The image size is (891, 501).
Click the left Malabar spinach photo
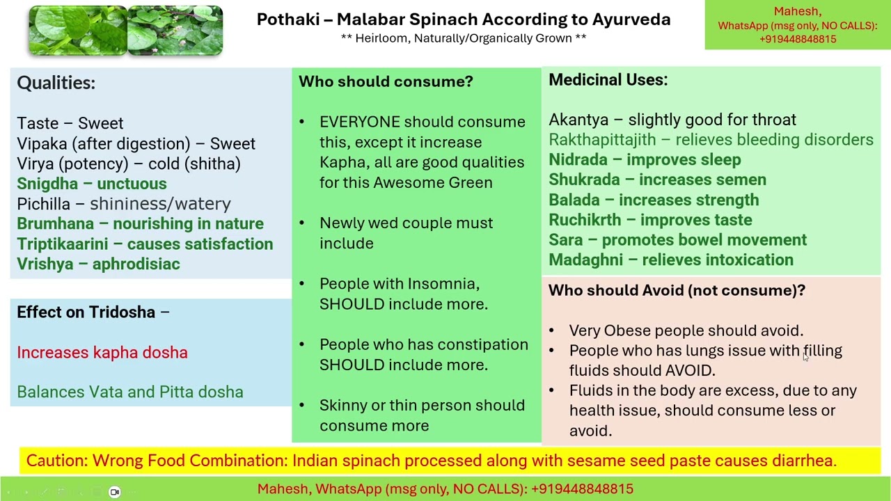click(x=77, y=31)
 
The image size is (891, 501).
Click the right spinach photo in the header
click(x=175, y=31)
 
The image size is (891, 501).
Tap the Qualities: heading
click(x=56, y=83)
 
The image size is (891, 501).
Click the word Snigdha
click(x=47, y=184)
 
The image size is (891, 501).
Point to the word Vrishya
click(x=45, y=264)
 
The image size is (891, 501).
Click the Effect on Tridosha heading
click(x=86, y=312)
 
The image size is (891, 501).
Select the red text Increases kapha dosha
click(x=102, y=353)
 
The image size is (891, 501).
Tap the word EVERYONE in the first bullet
click(x=359, y=122)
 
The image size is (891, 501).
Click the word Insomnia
click(x=443, y=284)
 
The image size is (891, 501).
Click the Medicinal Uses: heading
click(x=608, y=80)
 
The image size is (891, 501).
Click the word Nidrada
click(x=577, y=160)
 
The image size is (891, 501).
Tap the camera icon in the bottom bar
click(x=115, y=492)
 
